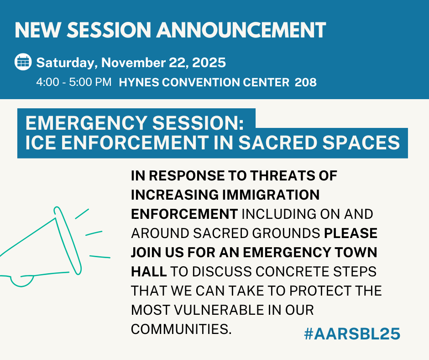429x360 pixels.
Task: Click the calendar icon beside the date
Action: tap(23, 62)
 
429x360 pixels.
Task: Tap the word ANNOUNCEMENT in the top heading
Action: tap(241, 30)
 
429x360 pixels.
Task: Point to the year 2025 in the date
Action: tap(209, 63)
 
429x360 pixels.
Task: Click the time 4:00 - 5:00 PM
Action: tap(74, 82)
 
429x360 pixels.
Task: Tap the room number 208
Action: tap(306, 82)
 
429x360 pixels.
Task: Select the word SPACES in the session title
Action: tap(361, 143)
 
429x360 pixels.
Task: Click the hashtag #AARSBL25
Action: tap(352, 334)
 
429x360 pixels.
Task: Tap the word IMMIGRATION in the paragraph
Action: tap(271, 195)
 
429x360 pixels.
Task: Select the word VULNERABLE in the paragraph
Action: tap(219, 310)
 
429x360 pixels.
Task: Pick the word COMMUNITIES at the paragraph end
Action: tap(181, 329)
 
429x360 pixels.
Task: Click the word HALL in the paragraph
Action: tap(149, 271)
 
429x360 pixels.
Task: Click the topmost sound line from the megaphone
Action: tap(82, 214)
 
